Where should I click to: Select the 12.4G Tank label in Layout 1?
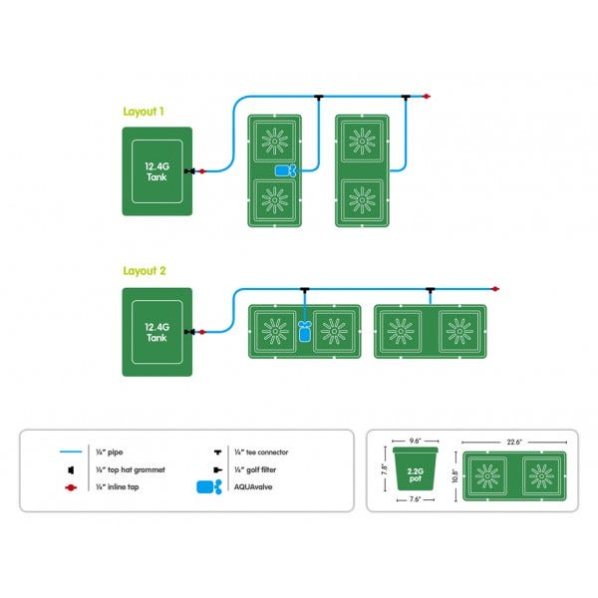(156, 170)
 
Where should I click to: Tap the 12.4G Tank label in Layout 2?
(156, 332)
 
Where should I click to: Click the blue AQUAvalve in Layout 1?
(285, 170)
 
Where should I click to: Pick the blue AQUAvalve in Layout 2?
(305, 331)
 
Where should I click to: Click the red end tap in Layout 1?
(427, 97)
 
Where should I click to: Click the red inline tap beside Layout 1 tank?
(202, 171)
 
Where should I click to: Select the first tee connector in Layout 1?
(317, 97)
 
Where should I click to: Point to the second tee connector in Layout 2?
(429, 290)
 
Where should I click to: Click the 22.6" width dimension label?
(512, 442)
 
